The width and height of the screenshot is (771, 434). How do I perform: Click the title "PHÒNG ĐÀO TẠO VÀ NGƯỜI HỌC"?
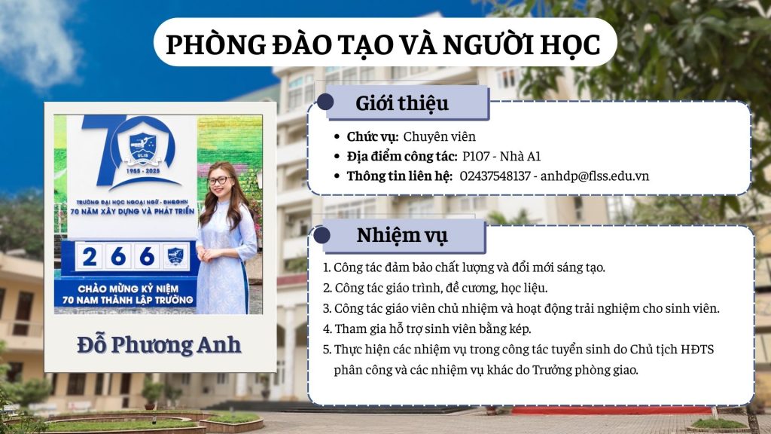pos(383,44)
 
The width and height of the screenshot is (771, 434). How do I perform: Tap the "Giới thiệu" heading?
pos(402,103)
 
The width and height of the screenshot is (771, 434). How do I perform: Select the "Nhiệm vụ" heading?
pos(402,235)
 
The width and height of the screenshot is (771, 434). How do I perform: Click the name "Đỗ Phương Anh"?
pos(159,344)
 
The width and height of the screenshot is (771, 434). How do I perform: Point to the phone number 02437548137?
pos(495,176)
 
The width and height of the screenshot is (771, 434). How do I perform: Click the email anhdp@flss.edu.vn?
pos(595,176)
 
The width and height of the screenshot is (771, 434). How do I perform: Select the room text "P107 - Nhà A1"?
pos(501,157)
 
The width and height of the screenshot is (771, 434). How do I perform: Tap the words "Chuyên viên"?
pos(440,137)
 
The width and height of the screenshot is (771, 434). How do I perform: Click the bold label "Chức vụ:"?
pos(372,137)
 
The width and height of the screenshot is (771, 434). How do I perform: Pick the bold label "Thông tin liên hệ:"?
pos(399,176)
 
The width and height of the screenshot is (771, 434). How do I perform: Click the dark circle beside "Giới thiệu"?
pos(325,102)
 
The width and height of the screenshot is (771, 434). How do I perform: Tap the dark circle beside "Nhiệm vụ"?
pos(322,235)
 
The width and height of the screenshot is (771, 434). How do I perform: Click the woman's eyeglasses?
pos(218,181)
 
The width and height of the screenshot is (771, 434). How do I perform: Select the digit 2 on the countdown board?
pos(90,256)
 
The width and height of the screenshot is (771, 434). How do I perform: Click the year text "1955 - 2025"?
pos(142,171)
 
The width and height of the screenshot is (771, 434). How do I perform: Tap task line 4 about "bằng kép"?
pos(427,329)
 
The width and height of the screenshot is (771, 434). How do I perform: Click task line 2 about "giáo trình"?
pos(435,288)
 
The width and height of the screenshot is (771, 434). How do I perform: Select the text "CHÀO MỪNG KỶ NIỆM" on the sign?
pos(128,289)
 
